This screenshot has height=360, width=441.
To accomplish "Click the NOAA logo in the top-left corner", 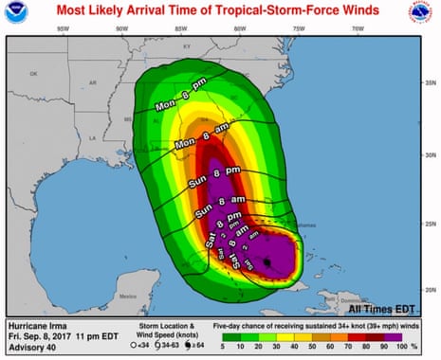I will point(16,14).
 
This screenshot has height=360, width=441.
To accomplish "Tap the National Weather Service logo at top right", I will point(424,14).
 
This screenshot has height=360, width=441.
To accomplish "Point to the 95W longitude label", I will point(62,29).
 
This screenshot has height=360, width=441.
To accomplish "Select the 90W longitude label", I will point(121,29).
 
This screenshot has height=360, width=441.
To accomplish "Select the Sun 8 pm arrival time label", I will point(219,172).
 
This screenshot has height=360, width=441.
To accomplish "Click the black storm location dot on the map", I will point(268,261).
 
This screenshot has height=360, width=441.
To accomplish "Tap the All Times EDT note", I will point(382,308).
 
